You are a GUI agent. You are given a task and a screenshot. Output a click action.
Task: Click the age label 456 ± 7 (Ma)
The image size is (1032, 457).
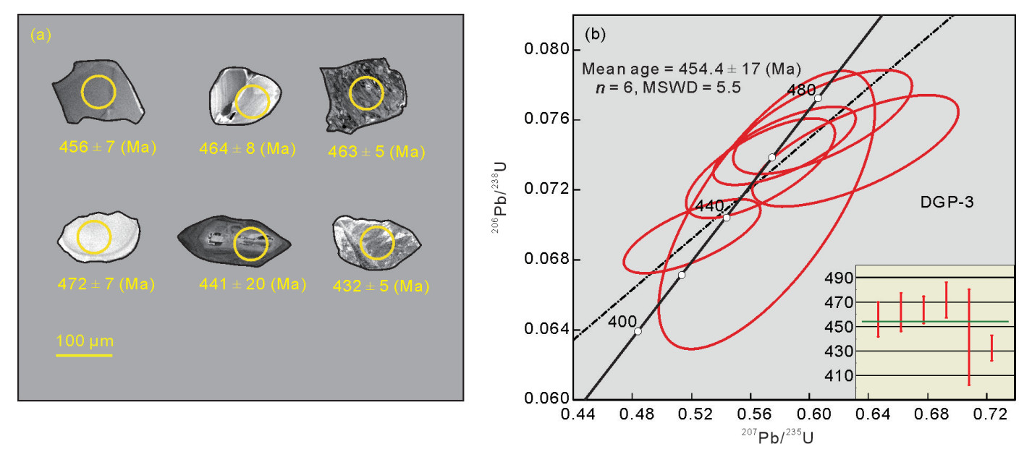(x=107, y=148)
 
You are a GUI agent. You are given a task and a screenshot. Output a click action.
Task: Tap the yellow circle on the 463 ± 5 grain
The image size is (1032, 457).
(x=366, y=93)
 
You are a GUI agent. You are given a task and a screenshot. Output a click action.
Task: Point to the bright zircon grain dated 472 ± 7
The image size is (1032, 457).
(x=97, y=236)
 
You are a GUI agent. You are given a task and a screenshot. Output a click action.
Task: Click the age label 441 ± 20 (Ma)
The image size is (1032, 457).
(x=252, y=285)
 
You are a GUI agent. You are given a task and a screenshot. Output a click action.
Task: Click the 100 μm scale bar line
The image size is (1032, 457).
(x=85, y=355)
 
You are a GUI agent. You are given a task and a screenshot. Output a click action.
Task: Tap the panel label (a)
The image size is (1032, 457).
(x=41, y=35)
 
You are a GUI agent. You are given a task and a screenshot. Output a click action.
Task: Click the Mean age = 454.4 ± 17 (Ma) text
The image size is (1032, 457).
(x=691, y=69)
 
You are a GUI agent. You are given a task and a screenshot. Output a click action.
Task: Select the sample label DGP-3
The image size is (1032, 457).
(x=945, y=203)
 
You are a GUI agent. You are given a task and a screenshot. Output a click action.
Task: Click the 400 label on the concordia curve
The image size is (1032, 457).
(x=622, y=322)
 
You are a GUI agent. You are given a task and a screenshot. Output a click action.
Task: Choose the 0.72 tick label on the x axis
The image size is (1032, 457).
(x=991, y=416)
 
